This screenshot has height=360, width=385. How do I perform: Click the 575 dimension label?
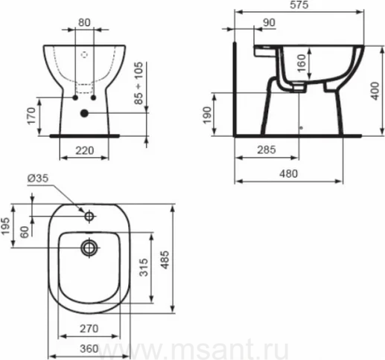[299, 4]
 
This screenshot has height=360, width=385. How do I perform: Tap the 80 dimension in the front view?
[84, 22]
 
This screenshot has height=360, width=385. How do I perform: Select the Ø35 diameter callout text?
[38, 178]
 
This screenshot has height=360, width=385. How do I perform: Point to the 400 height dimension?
[375, 91]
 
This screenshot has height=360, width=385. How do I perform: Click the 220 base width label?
[85, 150]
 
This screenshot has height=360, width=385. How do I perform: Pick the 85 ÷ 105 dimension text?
[139, 83]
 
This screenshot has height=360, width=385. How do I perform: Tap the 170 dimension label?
[31, 116]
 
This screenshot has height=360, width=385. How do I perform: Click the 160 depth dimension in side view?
[302, 63]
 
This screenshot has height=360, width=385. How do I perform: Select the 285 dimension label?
[267, 150]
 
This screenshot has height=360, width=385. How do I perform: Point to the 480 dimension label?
[288, 174]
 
